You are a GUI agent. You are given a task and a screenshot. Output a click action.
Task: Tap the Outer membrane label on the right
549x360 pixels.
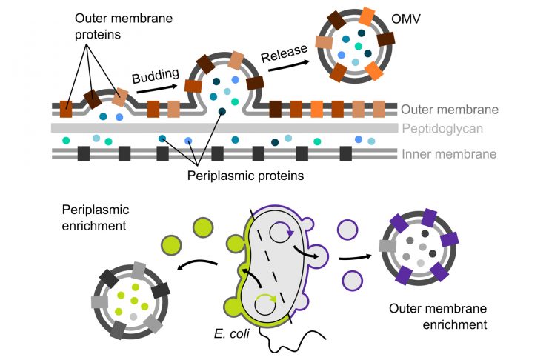point(447,110)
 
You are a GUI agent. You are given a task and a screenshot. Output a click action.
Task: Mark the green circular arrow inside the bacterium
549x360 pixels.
point(264,303)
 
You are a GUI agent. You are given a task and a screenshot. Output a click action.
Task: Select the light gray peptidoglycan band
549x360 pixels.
point(222,128)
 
